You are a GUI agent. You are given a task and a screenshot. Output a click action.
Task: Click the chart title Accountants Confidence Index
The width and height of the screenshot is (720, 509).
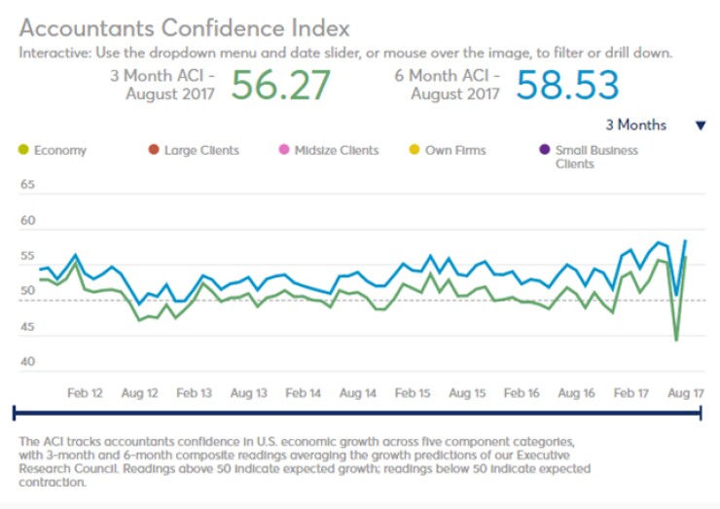pos(184,26)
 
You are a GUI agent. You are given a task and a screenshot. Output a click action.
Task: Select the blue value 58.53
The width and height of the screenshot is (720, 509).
pos(567,85)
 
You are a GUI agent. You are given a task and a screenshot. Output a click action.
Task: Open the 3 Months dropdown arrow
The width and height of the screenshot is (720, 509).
pos(700,126)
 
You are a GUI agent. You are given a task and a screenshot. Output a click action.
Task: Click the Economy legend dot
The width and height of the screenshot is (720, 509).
pos(23,151)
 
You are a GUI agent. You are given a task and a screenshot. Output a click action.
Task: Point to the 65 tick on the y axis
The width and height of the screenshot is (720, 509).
pos(27,185)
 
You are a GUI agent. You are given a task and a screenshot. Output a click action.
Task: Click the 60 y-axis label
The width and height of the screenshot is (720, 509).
pos(27,221)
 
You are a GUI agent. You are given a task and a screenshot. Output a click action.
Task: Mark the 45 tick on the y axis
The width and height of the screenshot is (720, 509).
pos(27,327)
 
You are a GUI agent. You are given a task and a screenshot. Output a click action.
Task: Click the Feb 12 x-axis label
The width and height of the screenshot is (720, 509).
pos(85,393)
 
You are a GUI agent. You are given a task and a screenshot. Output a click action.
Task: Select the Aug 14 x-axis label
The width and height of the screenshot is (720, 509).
pos(358,393)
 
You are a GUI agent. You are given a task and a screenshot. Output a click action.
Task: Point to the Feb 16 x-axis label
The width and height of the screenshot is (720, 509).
pos(522,393)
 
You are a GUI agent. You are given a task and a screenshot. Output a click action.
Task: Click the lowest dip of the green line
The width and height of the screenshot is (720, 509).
pos(675,340)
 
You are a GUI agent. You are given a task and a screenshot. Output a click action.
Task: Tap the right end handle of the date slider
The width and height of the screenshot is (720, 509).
pos(701,414)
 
